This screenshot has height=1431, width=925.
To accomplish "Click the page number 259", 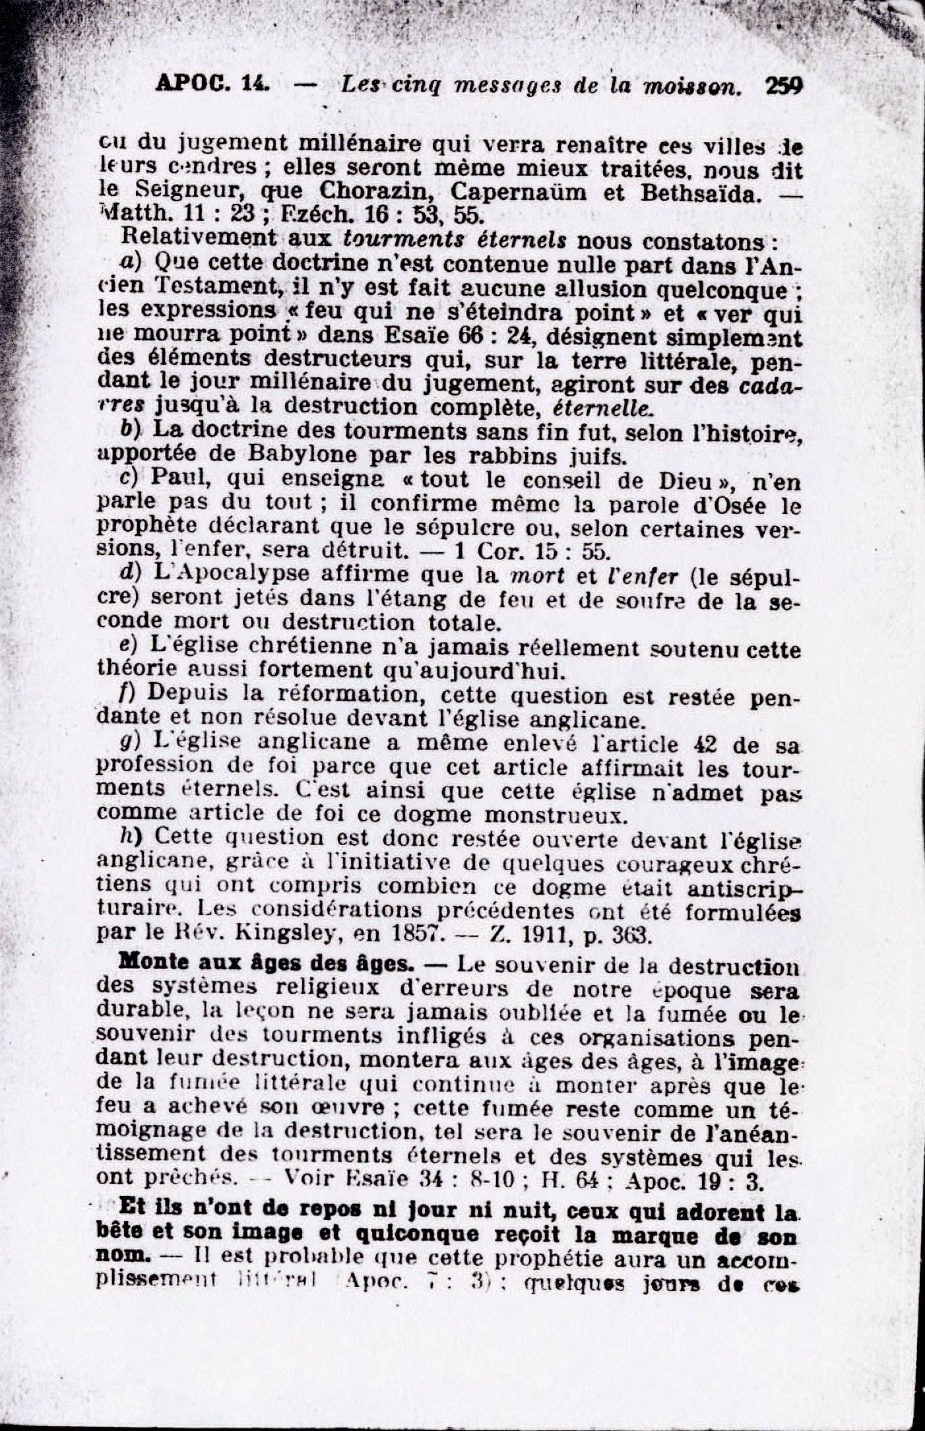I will (784, 86).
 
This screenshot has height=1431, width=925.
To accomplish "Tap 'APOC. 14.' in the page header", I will (214, 84).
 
